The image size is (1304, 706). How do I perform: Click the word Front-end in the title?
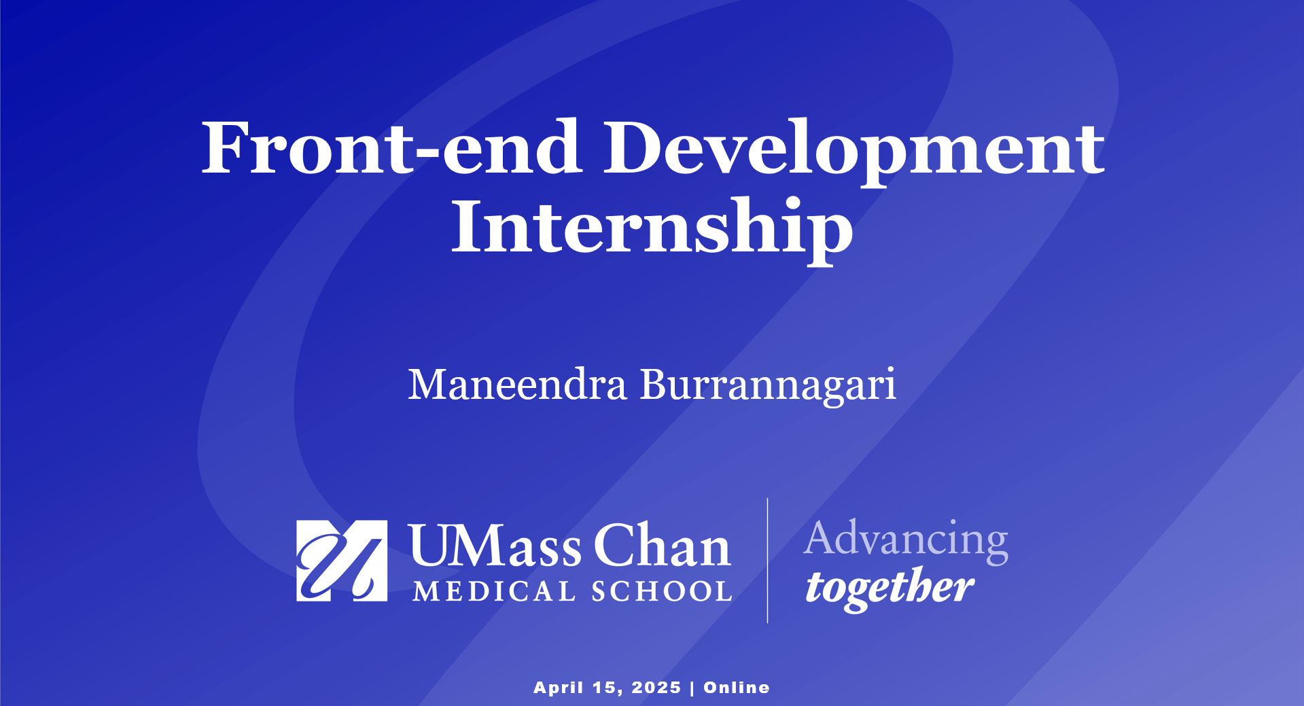391,147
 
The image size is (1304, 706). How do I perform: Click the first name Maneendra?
517,385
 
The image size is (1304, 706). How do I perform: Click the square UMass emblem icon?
342,561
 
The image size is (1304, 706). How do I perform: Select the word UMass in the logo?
495,546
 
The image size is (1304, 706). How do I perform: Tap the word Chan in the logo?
663,545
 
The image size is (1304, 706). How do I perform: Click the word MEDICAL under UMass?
494,591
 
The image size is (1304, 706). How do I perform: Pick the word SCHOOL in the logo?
662,591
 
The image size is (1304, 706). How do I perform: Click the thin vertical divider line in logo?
768,560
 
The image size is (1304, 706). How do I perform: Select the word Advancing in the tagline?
906,541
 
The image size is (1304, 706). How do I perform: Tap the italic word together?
889,588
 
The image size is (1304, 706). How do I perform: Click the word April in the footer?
559,688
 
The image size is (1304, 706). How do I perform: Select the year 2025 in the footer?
656,688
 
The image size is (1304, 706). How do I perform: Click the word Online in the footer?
737,688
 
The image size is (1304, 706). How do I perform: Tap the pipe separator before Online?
692,688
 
